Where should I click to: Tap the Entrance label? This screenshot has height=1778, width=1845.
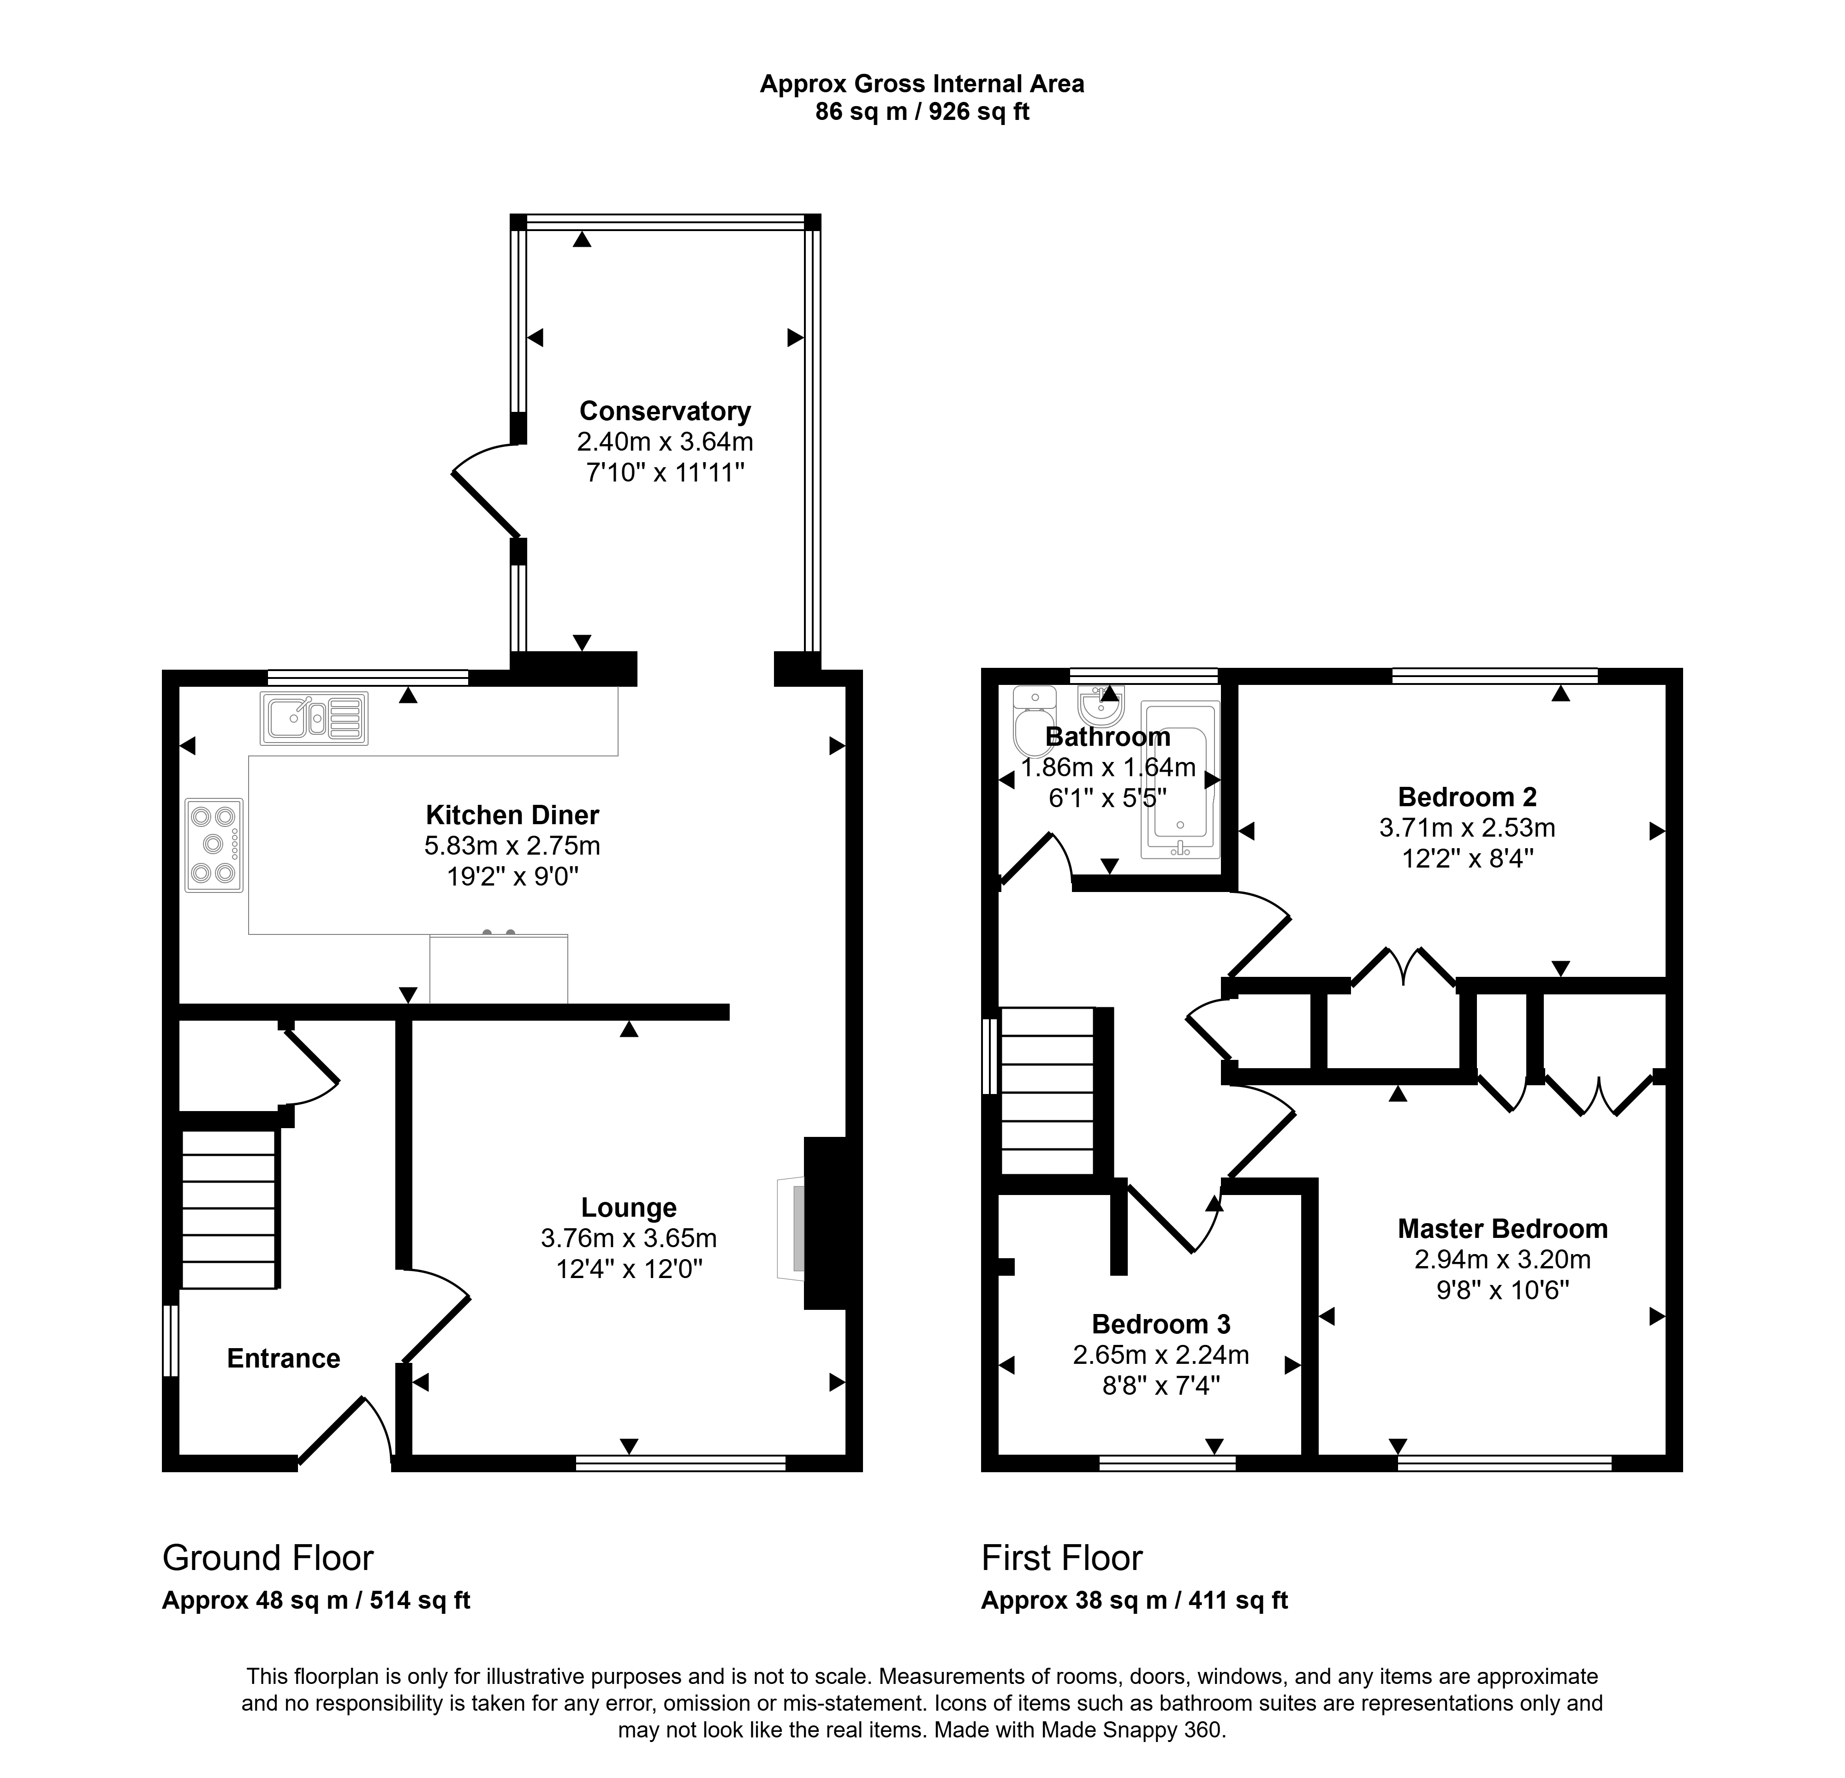[x=283, y=1358]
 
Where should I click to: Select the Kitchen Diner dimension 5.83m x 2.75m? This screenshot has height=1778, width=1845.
[x=512, y=845]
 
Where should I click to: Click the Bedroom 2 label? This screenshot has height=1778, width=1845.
[x=1467, y=797]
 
